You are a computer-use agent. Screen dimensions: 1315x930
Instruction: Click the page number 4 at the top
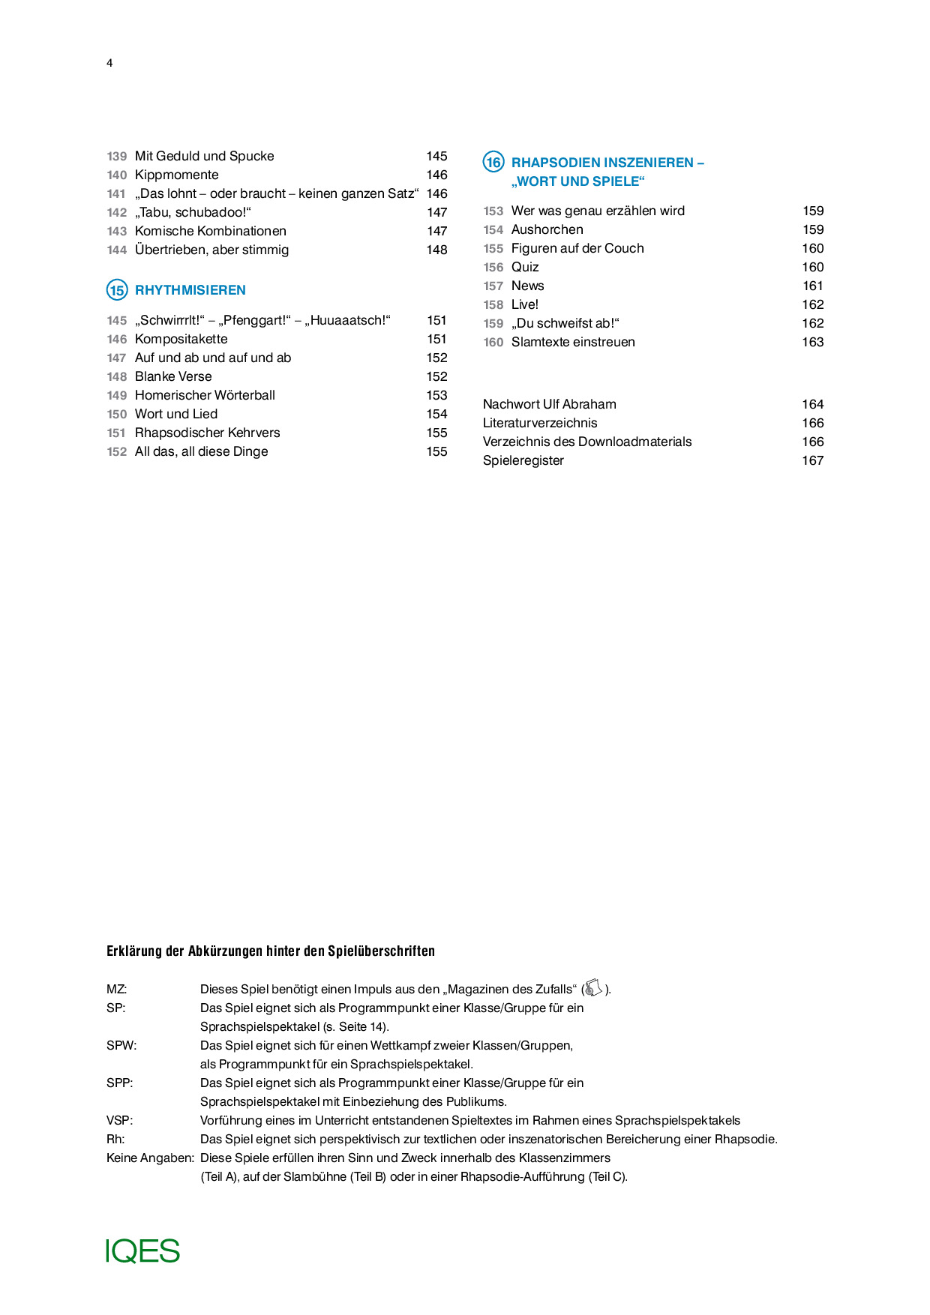pyautogui.click(x=109, y=63)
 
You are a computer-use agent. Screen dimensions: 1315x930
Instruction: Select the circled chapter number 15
pyautogui.click(x=117, y=290)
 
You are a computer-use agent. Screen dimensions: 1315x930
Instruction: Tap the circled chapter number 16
pyautogui.click(x=493, y=162)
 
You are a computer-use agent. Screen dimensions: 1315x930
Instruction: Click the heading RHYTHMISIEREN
pyautogui.click(x=190, y=290)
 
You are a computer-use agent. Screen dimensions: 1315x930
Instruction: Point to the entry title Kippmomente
pyautogui.click(x=177, y=175)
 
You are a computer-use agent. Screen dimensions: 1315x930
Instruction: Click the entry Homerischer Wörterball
pyautogui.click(x=205, y=395)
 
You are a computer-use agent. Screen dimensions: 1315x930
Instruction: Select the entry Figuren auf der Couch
pyautogui.click(x=577, y=248)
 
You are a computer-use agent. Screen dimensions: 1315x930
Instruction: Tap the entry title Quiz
pyautogui.click(x=525, y=267)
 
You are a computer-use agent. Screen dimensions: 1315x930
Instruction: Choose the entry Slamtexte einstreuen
pyautogui.click(x=573, y=342)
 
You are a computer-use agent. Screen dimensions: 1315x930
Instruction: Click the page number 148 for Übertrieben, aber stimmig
pyautogui.click(x=436, y=250)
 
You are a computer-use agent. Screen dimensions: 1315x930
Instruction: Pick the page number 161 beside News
pyautogui.click(x=813, y=286)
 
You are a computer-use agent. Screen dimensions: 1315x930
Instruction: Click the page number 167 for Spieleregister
pyautogui.click(x=813, y=460)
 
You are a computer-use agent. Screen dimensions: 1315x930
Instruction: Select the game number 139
pyautogui.click(x=117, y=156)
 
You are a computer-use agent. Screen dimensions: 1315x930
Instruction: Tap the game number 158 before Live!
pyautogui.click(x=493, y=304)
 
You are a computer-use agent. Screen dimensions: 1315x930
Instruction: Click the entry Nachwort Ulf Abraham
pyautogui.click(x=550, y=404)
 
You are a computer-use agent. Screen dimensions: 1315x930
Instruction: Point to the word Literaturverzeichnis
pyautogui.click(x=540, y=423)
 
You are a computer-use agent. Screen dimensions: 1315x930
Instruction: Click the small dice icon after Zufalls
pyautogui.click(x=593, y=988)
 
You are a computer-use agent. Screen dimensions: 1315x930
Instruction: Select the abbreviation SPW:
pyautogui.click(x=121, y=1045)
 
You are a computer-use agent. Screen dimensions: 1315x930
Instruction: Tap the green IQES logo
pyautogui.click(x=143, y=1251)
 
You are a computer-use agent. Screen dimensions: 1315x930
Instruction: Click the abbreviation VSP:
pyautogui.click(x=120, y=1120)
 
